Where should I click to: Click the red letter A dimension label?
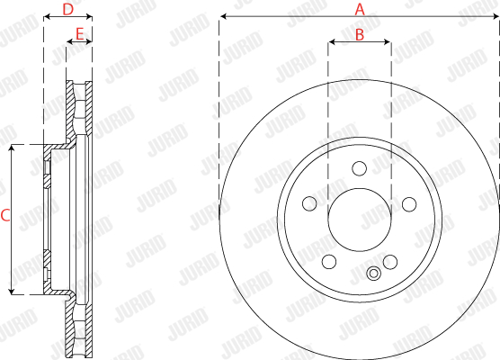click(x=360, y=9)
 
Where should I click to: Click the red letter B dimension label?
click(x=360, y=35)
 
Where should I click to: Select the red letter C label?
click(x=5, y=215)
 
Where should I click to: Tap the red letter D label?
click(x=68, y=10)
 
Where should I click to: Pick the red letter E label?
click(x=79, y=33)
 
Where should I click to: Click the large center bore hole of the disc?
click(x=360, y=220)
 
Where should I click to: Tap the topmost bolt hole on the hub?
click(x=360, y=168)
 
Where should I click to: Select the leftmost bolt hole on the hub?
click(x=309, y=203)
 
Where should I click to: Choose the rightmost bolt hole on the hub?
click(x=409, y=204)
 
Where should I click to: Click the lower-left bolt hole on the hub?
click(x=329, y=262)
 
